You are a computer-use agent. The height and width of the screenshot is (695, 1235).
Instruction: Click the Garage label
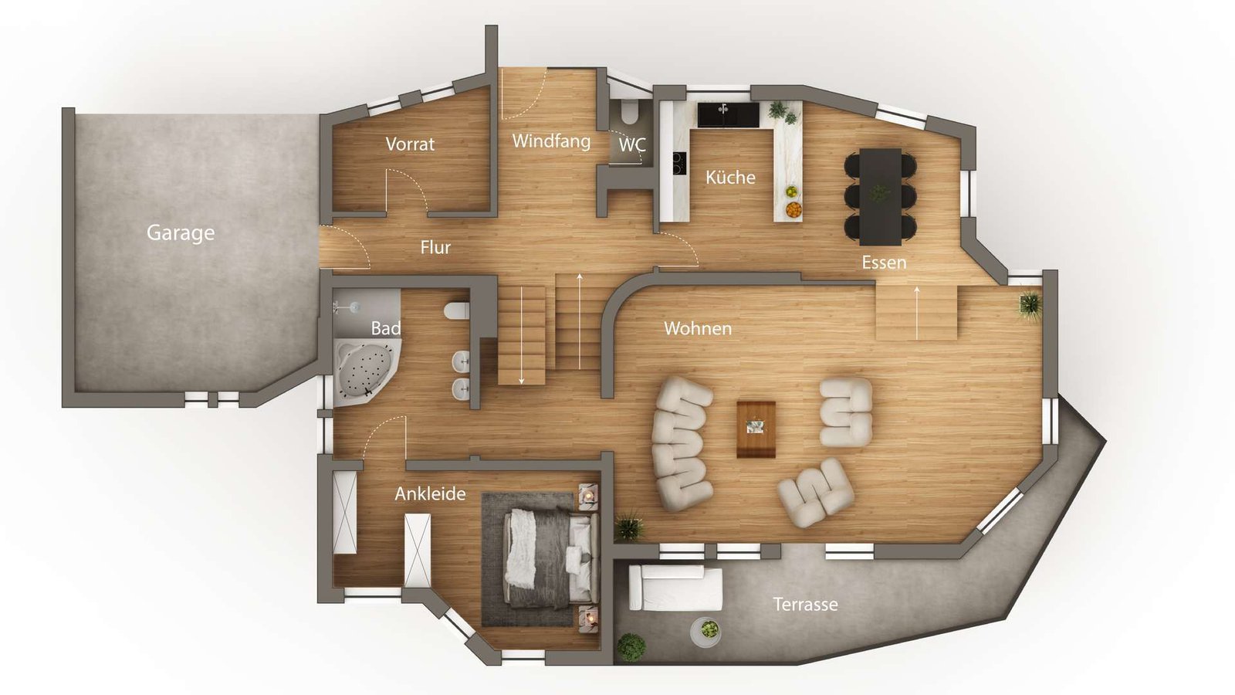(x=181, y=232)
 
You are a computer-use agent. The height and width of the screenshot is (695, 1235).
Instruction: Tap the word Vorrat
(x=410, y=144)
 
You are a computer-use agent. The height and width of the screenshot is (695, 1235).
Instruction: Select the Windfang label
(x=551, y=141)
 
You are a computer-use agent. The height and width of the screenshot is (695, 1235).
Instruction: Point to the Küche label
(x=730, y=177)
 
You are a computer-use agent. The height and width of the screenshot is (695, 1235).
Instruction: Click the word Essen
(x=884, y=263)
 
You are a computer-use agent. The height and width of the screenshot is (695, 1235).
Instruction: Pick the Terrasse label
(x=805, y=604)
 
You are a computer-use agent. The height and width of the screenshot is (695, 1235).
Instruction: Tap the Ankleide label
(x=430, y=493)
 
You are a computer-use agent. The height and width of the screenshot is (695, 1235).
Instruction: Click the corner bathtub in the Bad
(x=363, y=371)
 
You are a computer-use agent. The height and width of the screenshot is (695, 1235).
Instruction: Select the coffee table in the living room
(x=756, y=429)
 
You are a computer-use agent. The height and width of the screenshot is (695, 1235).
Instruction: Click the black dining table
(x=880, y=195)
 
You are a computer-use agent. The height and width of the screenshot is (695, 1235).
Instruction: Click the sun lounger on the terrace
(x=675, y=588)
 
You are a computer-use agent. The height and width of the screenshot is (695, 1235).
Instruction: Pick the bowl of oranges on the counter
(x=793, y=208)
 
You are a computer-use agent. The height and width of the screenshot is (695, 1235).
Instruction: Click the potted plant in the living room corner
(x=1030, y=303)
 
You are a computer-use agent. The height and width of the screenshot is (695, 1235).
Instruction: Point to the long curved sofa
(x=682, y=443)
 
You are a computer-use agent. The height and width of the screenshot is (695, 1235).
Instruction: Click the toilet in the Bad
(x=456, y=310)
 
